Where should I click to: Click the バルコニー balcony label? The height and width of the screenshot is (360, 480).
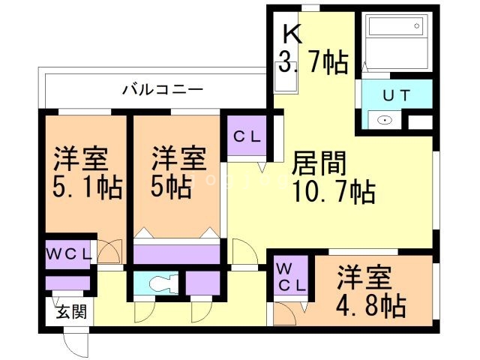tap(163, 90)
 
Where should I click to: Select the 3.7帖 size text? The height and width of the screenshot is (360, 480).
tap(313, 62)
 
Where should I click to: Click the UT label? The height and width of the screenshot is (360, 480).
tap(396, 96)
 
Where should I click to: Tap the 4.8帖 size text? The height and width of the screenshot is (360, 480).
tap(371, 306)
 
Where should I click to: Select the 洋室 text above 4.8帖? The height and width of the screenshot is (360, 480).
tap(364, 277)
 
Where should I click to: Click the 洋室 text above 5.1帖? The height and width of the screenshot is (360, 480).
tap(81, 159)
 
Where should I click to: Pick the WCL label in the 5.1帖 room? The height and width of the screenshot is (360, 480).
tap(69, 254)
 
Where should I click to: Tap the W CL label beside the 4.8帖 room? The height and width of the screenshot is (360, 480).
tap(290, 277)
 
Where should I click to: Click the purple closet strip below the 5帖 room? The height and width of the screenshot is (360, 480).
tap(177, 253)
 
